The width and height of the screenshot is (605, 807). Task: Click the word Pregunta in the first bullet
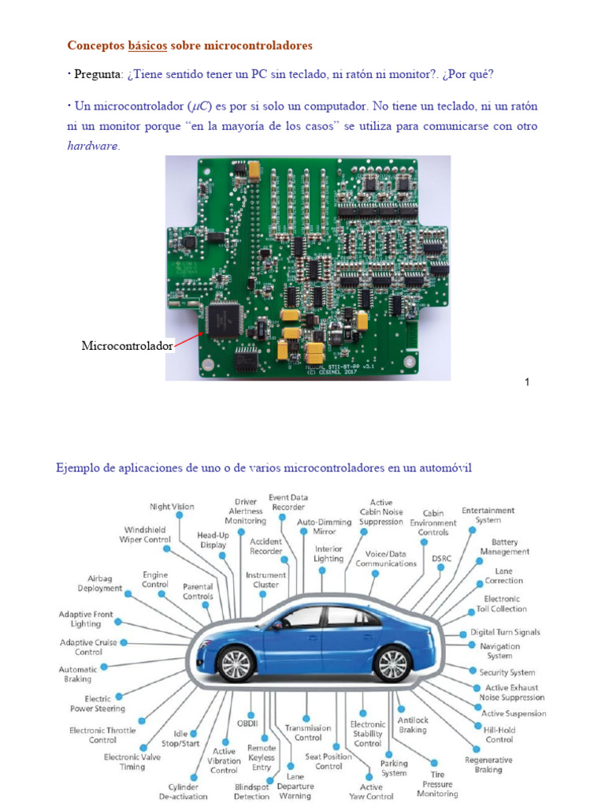click(x=98, y=74)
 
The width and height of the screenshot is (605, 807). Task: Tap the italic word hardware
click(x=93, y=146)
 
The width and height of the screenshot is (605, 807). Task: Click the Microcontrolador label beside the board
click(x=127, y=346)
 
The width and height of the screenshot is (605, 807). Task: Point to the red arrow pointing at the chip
click(x=190, y=339)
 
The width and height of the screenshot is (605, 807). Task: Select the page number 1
click(x=526, y=382)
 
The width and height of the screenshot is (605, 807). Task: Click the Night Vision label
click(x=172, y=506)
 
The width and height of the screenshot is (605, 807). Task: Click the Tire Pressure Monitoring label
click(x=437, y=784)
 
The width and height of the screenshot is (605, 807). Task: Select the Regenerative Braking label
click(x=488, y=764)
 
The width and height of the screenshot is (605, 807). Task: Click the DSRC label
click(x=442, y=557)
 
